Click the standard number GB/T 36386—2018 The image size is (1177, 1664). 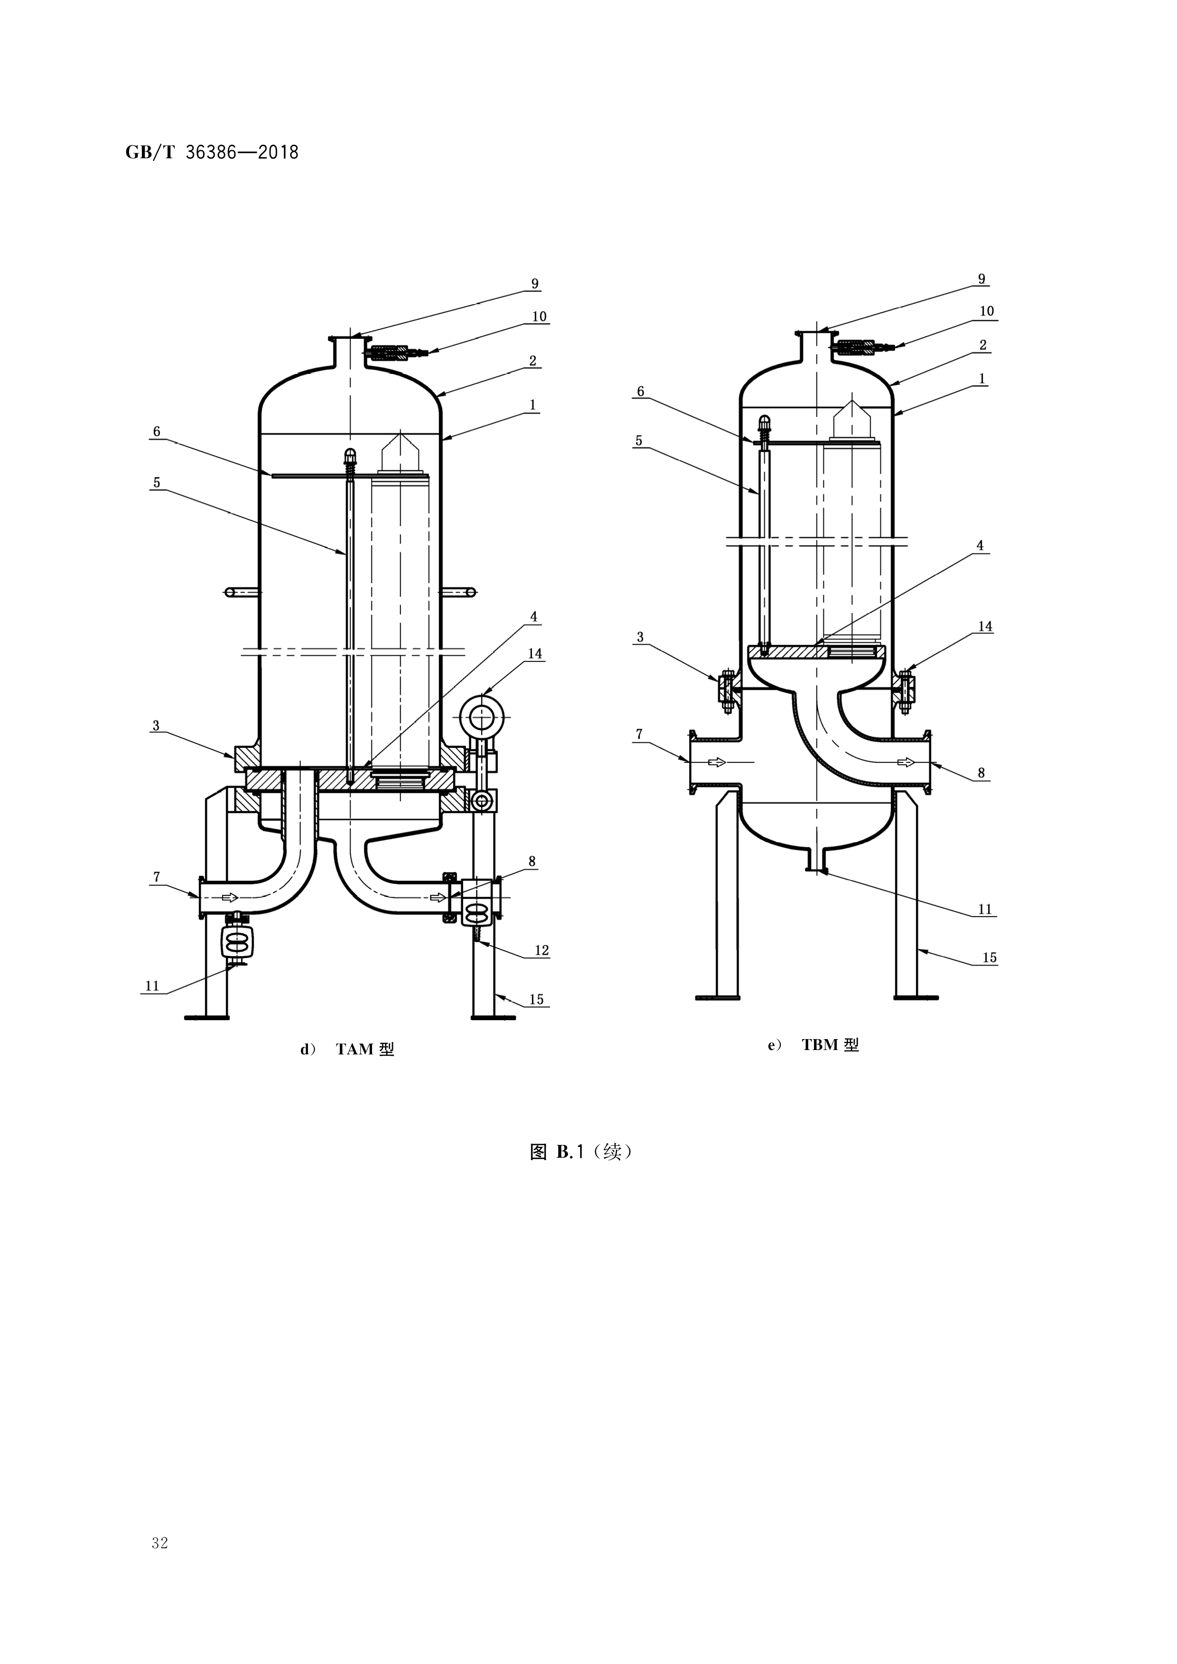(212, 152)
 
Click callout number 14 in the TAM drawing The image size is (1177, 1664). (535, 654)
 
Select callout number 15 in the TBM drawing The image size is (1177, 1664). (989, 957)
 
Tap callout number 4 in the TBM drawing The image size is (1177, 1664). (980, 545)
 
